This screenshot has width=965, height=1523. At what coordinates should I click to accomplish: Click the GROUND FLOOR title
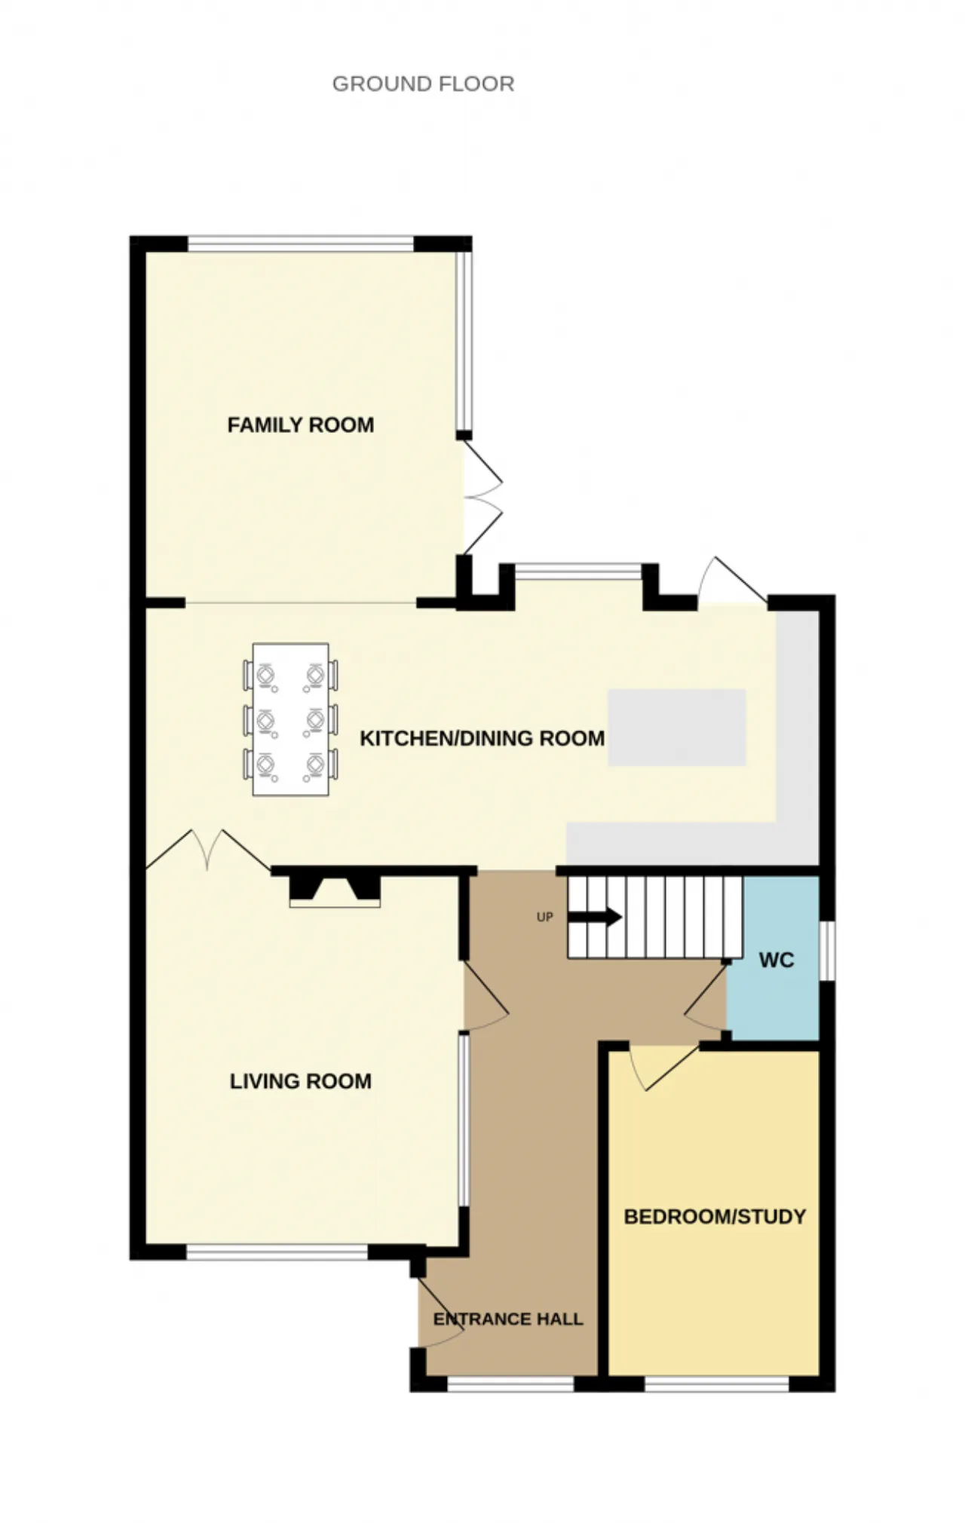pos(423,84)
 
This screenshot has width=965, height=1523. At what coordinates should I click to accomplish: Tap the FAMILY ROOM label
pos(301,425)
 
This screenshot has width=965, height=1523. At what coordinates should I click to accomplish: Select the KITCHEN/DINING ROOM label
pos(482,738)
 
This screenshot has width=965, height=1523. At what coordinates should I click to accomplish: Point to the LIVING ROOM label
pos(301,1081)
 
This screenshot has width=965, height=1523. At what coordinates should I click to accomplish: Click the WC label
pos(777,960)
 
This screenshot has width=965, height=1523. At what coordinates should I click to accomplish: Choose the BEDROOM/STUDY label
pos(715,1216)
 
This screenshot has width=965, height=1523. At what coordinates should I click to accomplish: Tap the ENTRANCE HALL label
pos(508,1319)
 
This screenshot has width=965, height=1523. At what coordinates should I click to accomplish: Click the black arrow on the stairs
pos(595,918)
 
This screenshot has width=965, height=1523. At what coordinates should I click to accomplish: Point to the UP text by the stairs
pos(544,917)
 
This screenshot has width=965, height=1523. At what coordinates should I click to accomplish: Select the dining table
pos(290,719)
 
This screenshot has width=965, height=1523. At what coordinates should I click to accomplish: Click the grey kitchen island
pos(677,727)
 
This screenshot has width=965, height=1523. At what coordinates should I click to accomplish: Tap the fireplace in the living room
pos(335,890)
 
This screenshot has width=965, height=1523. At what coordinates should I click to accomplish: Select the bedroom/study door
pos(665,1068)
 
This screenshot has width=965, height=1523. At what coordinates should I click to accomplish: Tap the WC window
pos(827,951)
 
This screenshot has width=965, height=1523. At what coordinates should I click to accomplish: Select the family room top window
pos(301,244)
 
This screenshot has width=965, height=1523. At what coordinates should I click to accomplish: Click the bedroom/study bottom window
pos(717,1384)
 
